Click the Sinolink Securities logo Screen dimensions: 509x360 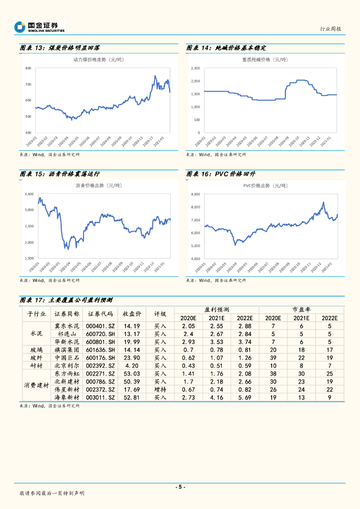(x=39, y=27)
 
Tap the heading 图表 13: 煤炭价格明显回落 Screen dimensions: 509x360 (x=60, y=48)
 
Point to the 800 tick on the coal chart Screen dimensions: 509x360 (x=28, y=68)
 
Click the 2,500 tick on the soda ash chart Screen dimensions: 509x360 (x=195, y=68)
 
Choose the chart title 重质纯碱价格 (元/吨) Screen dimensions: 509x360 (x=265, y=60)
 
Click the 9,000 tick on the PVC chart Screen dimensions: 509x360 (x=195, y=194)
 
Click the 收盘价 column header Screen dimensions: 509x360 (x=132, y=314)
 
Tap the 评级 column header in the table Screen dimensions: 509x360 (x=160, y=314)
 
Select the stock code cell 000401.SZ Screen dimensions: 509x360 (x=100, y=326)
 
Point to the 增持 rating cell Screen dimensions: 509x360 (x=160, y=390)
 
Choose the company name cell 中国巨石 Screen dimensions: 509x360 (x=67, y=358)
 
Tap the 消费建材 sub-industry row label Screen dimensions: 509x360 (x=36, y=386)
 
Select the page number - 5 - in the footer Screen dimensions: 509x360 (x=180, y=487)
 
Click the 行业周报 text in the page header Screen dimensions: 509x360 (x=330, y=29)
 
